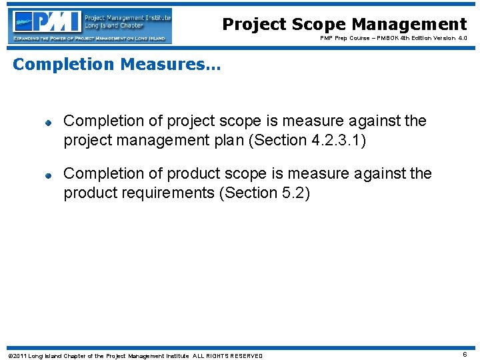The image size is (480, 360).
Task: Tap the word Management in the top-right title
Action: click(409, 25)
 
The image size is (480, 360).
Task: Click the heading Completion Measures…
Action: click(117, 64)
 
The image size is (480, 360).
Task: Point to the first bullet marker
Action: click(49, 123)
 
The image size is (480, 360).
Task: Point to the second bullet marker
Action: click(49, 175)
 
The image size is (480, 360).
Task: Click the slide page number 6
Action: click(464, 355)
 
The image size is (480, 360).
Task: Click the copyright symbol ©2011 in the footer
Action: click(17, 355)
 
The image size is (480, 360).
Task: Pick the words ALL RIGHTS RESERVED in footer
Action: click(228, 355)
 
